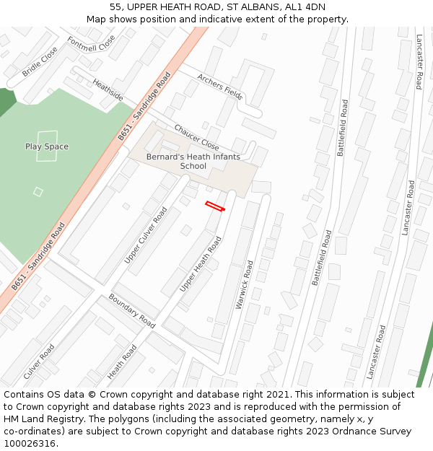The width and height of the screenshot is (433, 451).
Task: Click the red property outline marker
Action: tap(215, 206)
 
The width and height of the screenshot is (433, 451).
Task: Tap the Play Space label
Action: tap(47, 146)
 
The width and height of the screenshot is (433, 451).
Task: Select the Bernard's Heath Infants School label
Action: tap(193, 161)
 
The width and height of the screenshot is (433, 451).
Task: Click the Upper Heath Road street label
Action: tap(201, 264)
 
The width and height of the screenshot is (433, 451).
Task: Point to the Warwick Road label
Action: tap(245, 284)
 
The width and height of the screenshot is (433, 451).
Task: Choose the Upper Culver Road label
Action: tap(146, 235)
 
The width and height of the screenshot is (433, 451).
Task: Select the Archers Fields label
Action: tap(219, 86)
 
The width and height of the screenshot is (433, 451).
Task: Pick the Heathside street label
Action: tap(108, 90)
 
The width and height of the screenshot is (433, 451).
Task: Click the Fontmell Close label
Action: tap(91, 49)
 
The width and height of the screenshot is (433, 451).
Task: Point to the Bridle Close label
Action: tap(39, 62)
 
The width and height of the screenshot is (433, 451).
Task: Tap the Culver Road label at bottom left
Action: tap(39, 362)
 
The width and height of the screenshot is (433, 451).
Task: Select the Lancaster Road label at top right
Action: tap(419, 61)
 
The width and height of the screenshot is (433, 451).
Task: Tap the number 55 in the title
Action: tap(115, 7)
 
